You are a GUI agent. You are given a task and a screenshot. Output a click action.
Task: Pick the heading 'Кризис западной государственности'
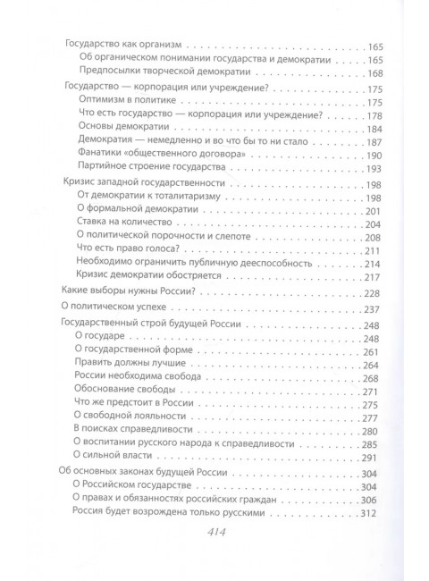[x=141, y=184]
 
